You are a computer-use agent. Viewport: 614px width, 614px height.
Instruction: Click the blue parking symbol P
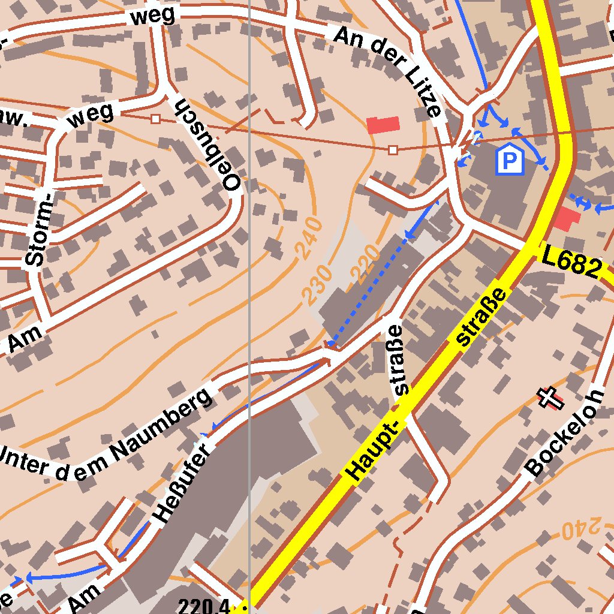(509, 159)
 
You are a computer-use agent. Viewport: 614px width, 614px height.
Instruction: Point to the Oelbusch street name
(207, 143)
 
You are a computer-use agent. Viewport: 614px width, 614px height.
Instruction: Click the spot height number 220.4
(204, 607)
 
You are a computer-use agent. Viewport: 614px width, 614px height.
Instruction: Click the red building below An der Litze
(383, 125)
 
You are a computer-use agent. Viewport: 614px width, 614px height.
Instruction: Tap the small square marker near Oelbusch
(155, 119)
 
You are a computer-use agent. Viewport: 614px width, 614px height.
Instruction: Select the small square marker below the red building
(393, 149)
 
